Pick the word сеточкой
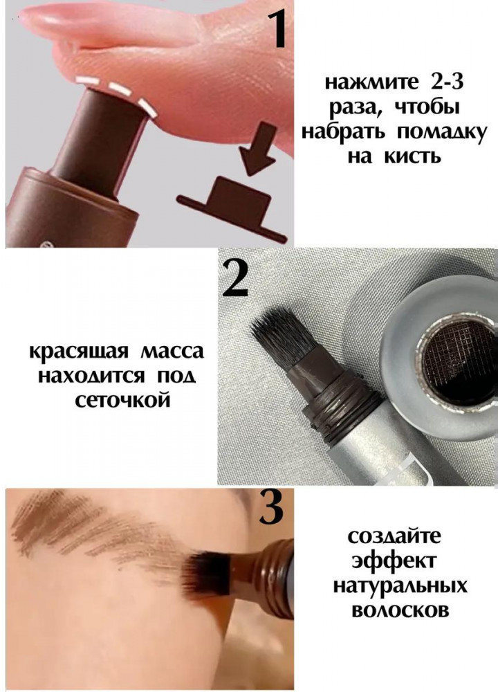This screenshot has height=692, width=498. [122, 400]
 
